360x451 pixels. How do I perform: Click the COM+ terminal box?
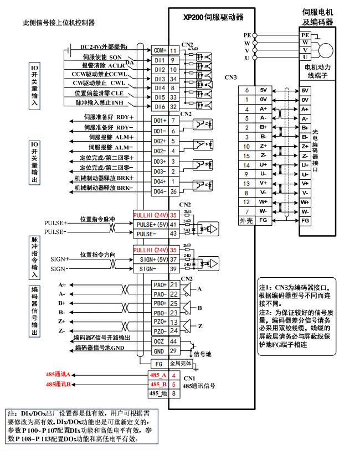pos(160,50)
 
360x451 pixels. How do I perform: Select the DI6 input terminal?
pos(160,107)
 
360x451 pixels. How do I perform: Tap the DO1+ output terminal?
pos(160,121)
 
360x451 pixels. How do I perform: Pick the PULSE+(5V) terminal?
pos(151,225)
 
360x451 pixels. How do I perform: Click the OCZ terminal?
pos(159,342)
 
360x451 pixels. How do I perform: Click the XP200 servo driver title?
pos(213,17)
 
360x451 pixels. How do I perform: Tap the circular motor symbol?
pos(325,49)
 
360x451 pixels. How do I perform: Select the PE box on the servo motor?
pos(305,35)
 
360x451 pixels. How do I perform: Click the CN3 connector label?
pos(230,77)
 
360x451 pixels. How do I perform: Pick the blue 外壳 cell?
pos(246,220)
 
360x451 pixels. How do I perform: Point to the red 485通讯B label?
pos(58,385)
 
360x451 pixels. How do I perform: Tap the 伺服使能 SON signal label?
pos(102,57)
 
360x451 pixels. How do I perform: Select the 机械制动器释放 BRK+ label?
pos(104,178)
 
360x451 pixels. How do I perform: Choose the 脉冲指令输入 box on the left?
pos(34,257)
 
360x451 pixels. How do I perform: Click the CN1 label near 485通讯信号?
pos(189,379)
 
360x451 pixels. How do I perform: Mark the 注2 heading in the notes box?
pos(266,313)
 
